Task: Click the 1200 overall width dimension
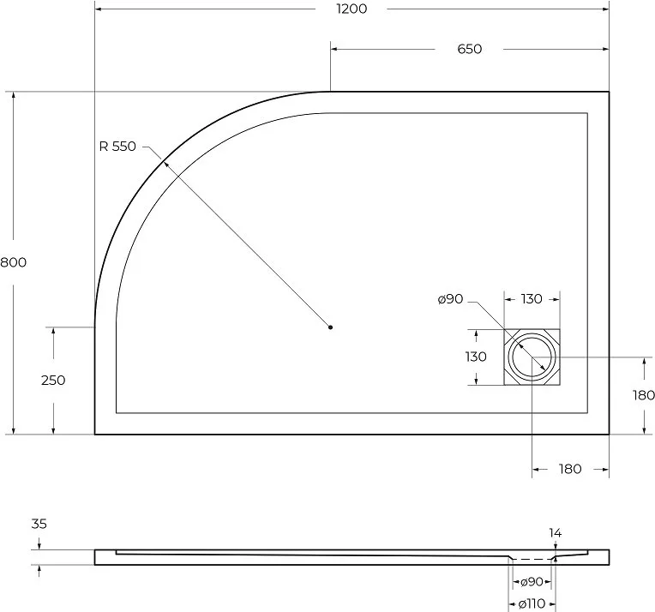coord(352,9)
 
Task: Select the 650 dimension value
coord(470,50)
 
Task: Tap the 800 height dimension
coord(13,262)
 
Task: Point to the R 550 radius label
coord(117,147)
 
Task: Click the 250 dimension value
coord(53,381)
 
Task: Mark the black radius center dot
coord(330,327)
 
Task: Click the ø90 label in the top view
coord(451,299)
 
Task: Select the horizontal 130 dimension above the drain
coord(532,299)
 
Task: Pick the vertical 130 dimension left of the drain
coord(476,357)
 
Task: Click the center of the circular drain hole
coord(532,357)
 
